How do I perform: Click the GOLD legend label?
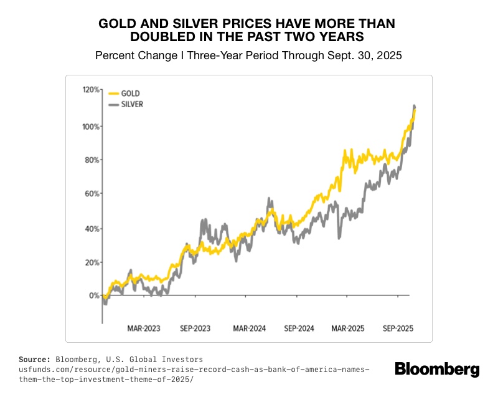pyautogui.click(x=130, y=93)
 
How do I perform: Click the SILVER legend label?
pyautogui.click(x=132, y=105)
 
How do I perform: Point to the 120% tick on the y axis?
pyautogui.click(x=91, y=90)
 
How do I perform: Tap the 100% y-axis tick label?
pyautogui.click(x=91, y=127)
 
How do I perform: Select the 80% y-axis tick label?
pyautogui.click(x=92, y=160)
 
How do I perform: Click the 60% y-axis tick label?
pyautogui.click(x=92, y=194)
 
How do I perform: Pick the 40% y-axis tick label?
pyautogui.click(x=92, y=229)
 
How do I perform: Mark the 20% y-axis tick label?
pyautogui.click(x=92, y=262)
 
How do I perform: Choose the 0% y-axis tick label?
pyautogui.click(x=94, y=295)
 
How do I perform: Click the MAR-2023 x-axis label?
pyautogui.click(x=144, y=328)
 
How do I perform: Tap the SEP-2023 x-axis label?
pyautogui.click(x=196, y=328)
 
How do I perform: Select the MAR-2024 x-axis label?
pyautogui.click(x=250, y=328)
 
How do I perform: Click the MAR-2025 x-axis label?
pyautogui.click(x=348, y=328)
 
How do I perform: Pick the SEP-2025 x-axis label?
pyautogui.click(x=398, y=328)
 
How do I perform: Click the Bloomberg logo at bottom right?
pyautogui.click(x=437, y=369)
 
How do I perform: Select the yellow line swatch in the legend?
pyautogui.click(x=113, y=93)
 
